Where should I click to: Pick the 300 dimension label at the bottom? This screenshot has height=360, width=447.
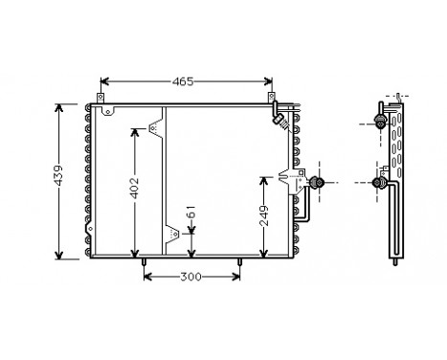pos(191,278)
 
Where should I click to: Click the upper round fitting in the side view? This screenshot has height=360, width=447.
pos(380,123)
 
